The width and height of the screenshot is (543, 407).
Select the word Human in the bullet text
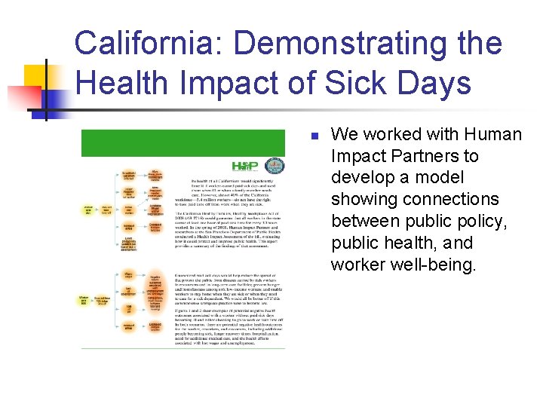(x=495, y=135)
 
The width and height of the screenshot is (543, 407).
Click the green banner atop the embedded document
(x=184, y=143)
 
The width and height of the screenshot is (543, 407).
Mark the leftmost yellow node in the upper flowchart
(x=89, y=210)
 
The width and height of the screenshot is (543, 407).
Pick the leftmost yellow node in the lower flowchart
(x=89, y=301)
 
